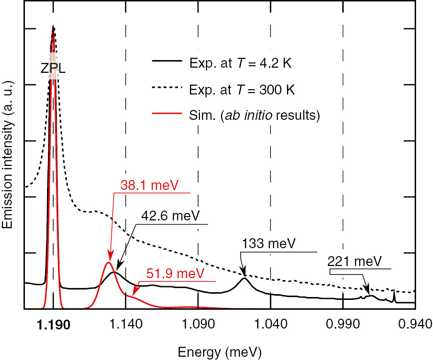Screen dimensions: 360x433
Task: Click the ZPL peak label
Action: pyautogui.click(x=52, y=69)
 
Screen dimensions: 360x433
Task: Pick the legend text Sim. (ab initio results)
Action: pyautogui.click(x=254, y=116)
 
